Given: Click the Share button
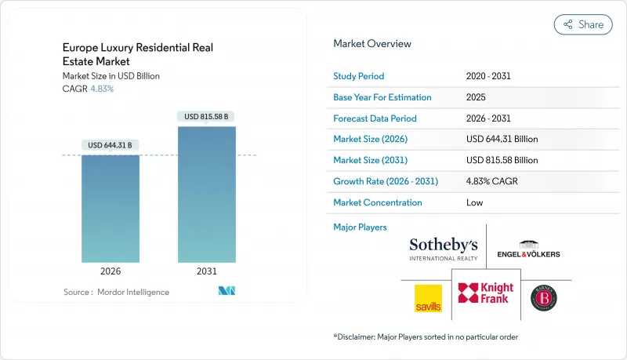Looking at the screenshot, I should pos(583,24).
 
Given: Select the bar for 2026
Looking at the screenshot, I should pos(111,208).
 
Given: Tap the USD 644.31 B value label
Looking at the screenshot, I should pos(111,145).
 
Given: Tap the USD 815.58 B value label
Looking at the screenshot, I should pos(207,117).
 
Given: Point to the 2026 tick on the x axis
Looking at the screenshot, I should pos(111,272).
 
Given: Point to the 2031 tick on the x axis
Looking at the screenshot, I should pos(207,272).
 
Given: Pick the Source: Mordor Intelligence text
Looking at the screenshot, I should pos(116,292).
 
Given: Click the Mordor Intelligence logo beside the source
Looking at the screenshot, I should pos(227,292).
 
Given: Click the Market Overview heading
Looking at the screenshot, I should pos(371,44).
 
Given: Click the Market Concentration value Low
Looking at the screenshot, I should pos(474,202).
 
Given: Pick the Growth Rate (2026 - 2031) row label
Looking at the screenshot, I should pos(386,181).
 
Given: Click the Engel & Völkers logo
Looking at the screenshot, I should pos(528,249).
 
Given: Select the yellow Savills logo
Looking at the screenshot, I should pos(428,298).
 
